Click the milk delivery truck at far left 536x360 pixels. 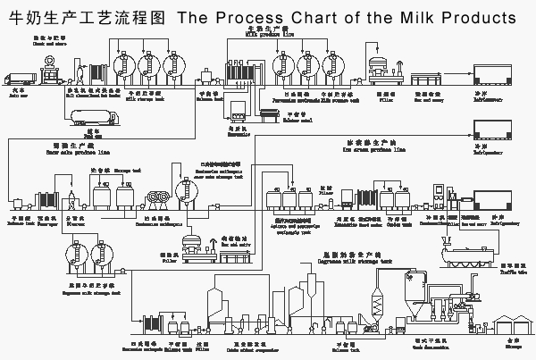[19, 75]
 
